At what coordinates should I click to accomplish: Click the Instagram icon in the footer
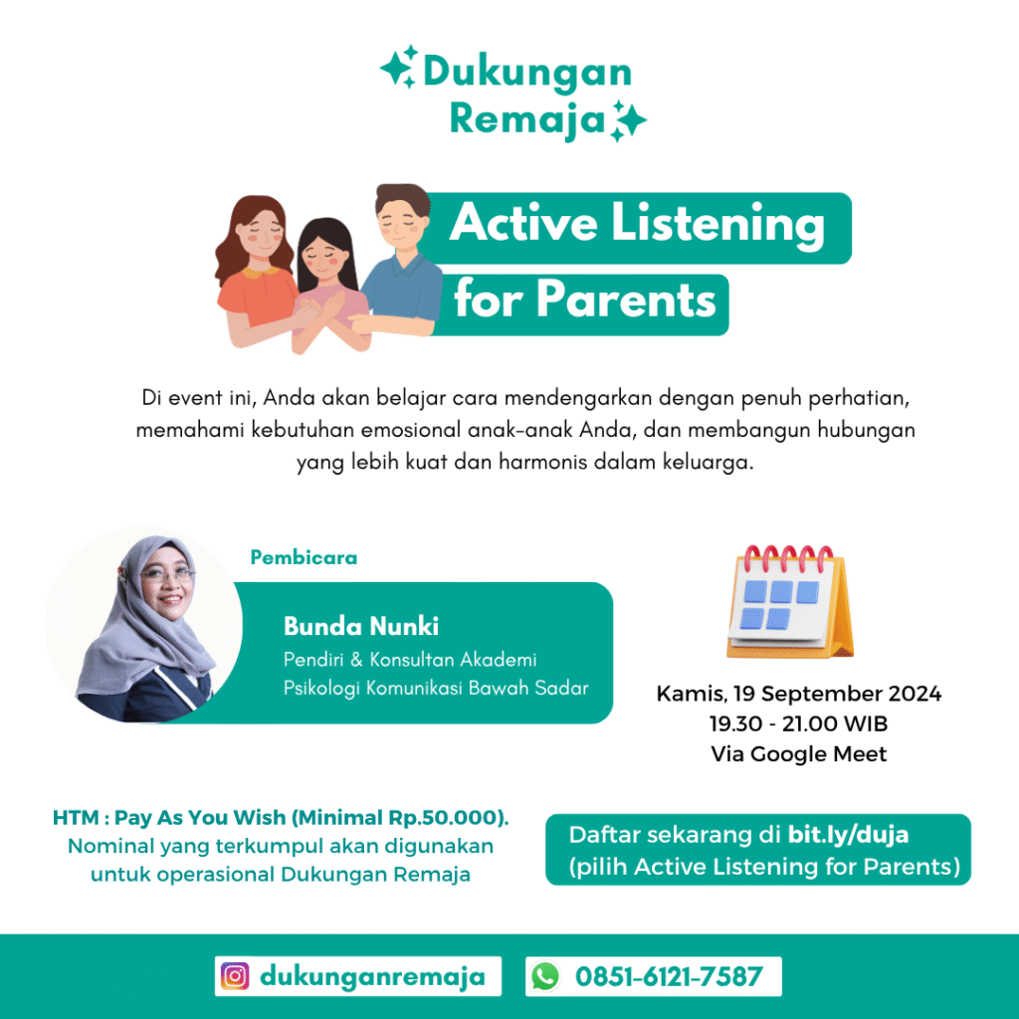point(234,976)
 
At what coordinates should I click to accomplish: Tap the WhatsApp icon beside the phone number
point(544,976)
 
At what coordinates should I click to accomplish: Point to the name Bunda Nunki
point(361,626)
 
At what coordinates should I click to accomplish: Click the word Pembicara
point(304,557)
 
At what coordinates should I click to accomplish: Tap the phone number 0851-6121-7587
point(669,976)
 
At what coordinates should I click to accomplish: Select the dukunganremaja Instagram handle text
point(372,976)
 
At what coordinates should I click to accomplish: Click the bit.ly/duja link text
point(849,834)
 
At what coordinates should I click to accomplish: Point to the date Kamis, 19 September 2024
point(798,693)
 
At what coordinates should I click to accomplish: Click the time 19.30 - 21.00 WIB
point(798,722)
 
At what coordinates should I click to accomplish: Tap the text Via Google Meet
point(798,753)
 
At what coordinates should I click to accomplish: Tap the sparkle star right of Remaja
point(628,120)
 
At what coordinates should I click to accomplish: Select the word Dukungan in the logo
point(527,72)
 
